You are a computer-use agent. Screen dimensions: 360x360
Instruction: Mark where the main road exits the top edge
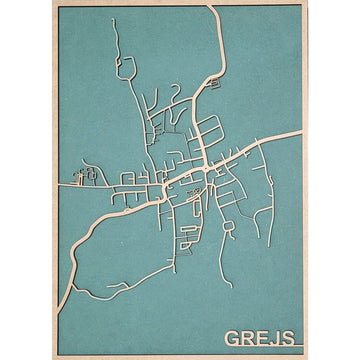coord(210,7)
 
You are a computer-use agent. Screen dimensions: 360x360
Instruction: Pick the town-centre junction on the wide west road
coord(163,190)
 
